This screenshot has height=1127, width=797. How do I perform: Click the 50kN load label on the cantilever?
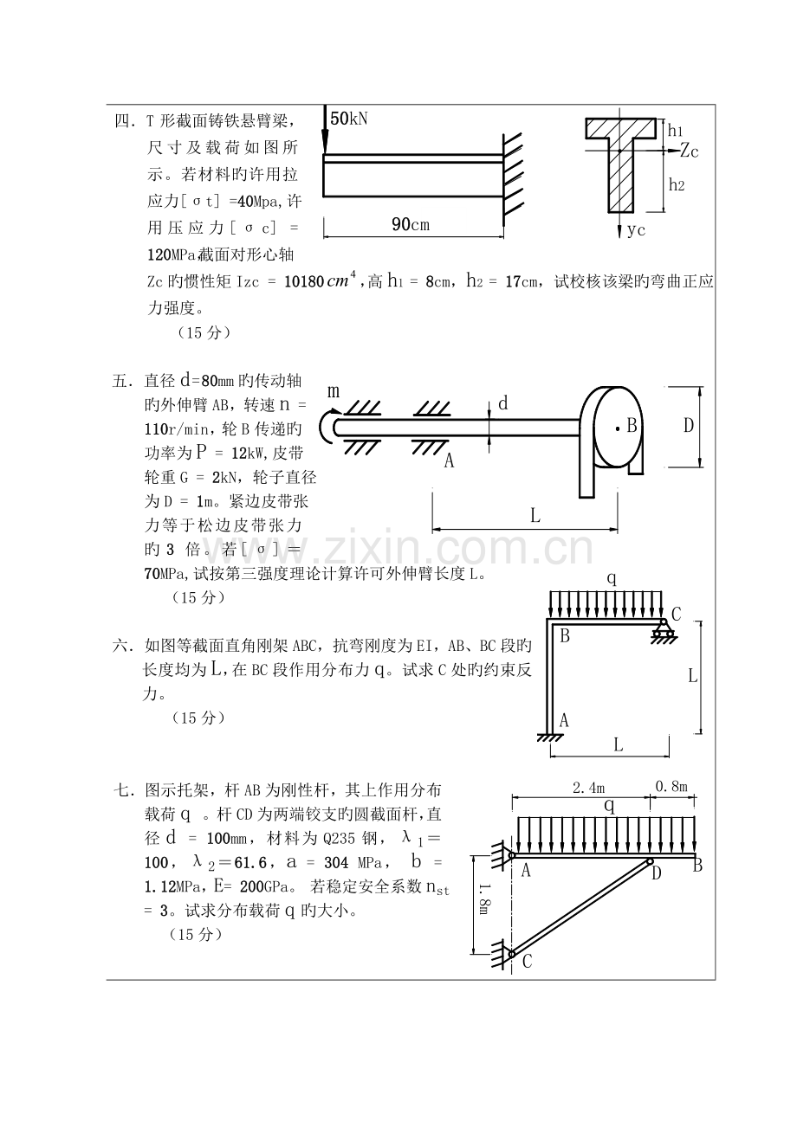point(349,119)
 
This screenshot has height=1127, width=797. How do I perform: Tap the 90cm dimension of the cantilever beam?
point(411,224)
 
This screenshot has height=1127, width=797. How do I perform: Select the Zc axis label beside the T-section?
point(689,151)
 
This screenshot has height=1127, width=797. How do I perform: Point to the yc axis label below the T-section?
point(637,230)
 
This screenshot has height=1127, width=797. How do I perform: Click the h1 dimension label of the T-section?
point(675,131)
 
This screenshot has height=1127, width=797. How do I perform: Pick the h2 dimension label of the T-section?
point(677,184)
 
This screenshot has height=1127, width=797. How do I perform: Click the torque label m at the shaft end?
point(334,391)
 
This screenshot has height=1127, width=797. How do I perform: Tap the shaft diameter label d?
point(502,403)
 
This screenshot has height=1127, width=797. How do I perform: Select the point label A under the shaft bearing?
point(449,460)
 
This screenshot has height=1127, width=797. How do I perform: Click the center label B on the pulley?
point(632,426)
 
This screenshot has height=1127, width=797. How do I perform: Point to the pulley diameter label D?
point(688,426)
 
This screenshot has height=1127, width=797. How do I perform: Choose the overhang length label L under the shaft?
point(535,515)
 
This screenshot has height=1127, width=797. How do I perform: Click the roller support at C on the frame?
point(664,630)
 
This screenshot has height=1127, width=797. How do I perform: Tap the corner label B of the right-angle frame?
point(565,636)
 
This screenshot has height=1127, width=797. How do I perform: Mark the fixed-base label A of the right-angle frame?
point(564,720)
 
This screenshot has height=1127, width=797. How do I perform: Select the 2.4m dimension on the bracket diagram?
point(588,788)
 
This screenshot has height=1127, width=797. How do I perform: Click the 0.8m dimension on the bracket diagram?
point(671,786)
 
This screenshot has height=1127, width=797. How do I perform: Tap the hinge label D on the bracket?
point(656,873)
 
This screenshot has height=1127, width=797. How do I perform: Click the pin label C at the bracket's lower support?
point(527,962)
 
